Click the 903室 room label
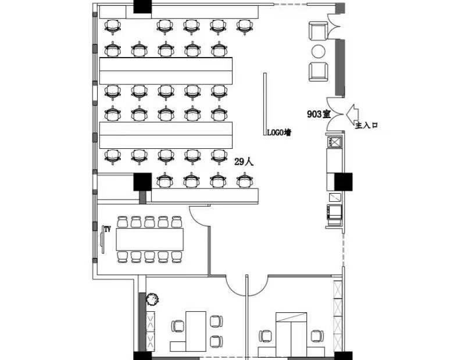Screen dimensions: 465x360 (319, 114)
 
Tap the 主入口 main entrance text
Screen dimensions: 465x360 (367, 125)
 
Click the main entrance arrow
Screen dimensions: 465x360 (352, 114)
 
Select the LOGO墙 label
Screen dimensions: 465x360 (279, 133)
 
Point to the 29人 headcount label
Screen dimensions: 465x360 (244, 162)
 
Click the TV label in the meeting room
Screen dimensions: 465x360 (108, 229)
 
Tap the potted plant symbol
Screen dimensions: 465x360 (152, 299)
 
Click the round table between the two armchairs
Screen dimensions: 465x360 (319, 52)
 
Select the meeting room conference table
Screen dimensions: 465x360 (150, 239)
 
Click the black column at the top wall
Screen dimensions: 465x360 (142, 6)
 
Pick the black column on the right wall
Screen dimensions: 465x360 (344, 181)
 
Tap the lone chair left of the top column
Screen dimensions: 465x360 (113, 26)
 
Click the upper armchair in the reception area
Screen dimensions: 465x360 (318, 31)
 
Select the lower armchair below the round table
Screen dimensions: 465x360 (318, 72)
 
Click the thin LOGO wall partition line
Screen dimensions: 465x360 (265, 104)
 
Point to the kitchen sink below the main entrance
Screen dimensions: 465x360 (335, 142)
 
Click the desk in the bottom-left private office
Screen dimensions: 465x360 (196, 332)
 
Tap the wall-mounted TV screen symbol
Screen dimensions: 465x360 (102, 239)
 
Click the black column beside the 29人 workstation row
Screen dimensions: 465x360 (142, 182)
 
